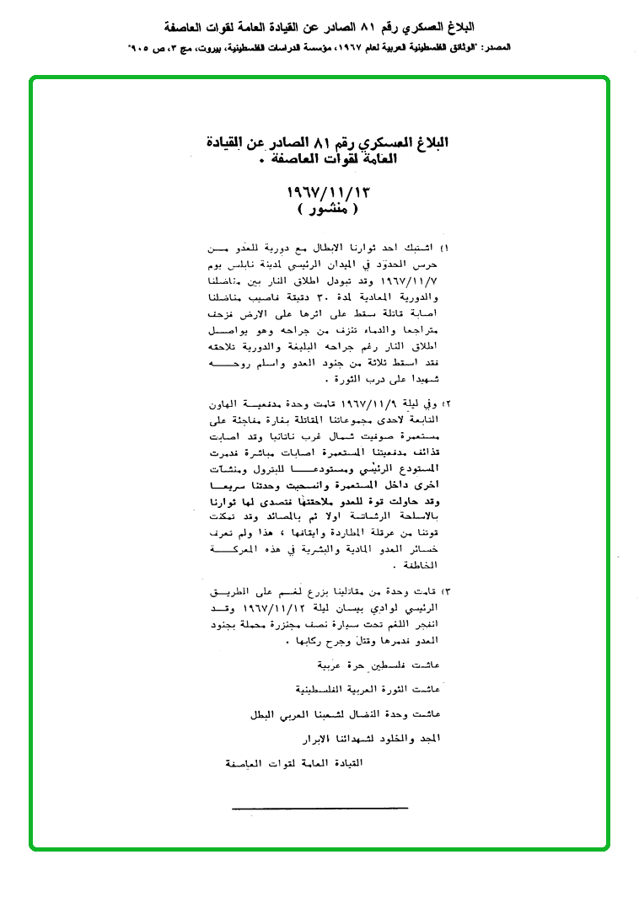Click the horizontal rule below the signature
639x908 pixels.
point(319,808)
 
